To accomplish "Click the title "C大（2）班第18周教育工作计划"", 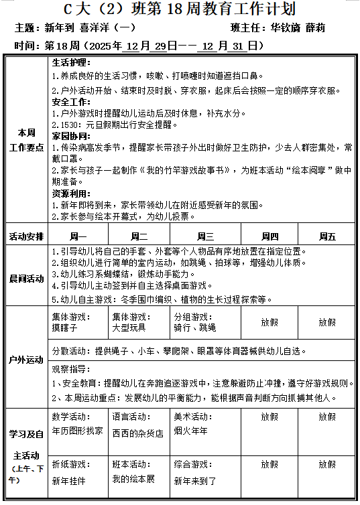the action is pos(180,9).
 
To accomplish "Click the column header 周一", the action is pos(78,236).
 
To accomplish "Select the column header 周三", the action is pos(205,236).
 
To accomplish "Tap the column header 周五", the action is pos(327,236).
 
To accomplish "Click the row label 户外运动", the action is pos(27,360).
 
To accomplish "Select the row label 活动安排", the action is pos(27,236).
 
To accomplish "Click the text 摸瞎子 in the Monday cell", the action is pos(65,328).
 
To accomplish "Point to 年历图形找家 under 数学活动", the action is pos(78,431).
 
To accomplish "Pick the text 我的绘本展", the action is pos(133,480).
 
